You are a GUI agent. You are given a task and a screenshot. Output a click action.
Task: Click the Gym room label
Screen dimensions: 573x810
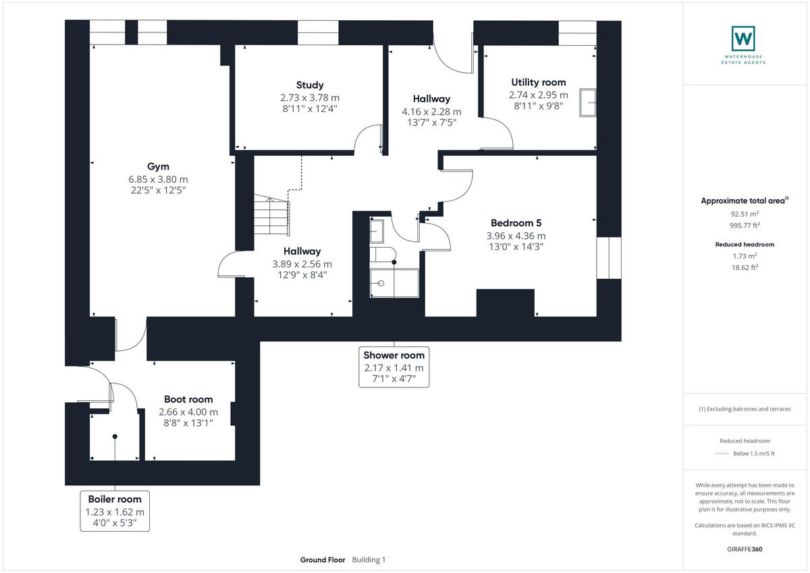(158, 167)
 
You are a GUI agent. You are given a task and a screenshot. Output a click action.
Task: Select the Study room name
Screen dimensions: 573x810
(310, 85)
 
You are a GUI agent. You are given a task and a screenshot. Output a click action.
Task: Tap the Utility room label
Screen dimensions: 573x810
(538, 82)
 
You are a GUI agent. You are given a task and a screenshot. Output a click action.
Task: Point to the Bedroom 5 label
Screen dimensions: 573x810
(516, 223)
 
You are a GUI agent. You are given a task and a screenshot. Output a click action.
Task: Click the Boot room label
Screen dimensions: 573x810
(188, 400)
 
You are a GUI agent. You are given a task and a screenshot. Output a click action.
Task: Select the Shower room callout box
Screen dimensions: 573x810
(394, 366)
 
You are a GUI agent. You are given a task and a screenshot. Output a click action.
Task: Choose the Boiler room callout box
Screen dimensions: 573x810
(115, 510)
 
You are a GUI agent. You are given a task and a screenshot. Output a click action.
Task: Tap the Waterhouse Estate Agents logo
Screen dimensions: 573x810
(743, 38)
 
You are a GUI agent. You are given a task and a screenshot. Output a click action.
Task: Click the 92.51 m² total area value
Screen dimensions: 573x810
(746, 213)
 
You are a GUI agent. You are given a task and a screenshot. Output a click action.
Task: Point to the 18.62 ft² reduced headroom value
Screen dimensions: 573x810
(746, 267)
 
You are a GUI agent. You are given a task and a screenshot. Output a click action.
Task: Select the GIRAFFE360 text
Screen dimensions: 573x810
(746, 549)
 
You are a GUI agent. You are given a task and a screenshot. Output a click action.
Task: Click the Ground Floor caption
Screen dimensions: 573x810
(323, 560)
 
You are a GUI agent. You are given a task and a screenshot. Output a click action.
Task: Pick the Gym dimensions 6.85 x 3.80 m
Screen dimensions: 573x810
(158, 180)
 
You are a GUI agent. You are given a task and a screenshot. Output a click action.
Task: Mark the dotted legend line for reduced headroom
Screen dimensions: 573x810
(722, 454)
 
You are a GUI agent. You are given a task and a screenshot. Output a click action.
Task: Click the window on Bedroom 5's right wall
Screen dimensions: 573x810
(608, 257)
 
